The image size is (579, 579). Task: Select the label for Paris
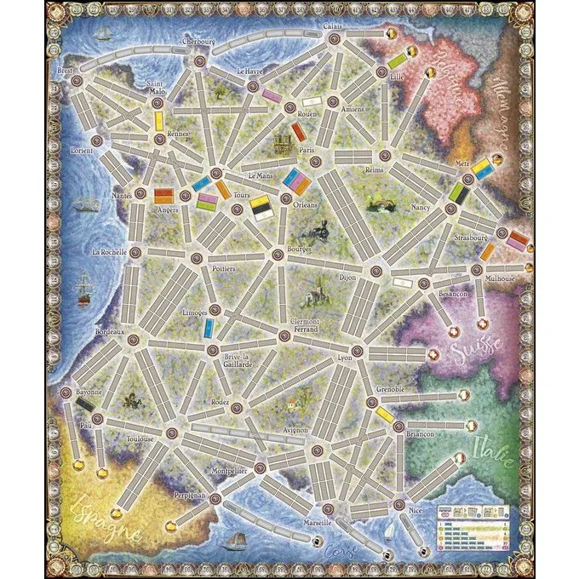(x=307, y=151)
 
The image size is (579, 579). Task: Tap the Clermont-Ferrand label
(x=304, y=324)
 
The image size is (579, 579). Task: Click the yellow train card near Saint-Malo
(x=158, y=121)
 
